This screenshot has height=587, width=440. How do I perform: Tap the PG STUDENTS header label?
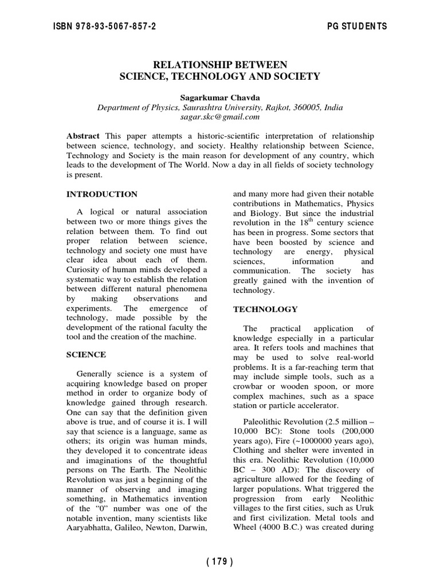coord(356,26)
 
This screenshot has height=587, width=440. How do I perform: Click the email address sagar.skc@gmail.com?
coord(219,117)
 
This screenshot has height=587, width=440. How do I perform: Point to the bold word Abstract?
coord(83,136)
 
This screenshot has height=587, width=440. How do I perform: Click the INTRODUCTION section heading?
coord(102,194)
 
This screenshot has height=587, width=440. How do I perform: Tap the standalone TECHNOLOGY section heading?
coord(265,310)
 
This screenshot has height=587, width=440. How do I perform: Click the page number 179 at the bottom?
coord(219,562)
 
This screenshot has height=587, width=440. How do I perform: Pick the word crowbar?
coord(250,386)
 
